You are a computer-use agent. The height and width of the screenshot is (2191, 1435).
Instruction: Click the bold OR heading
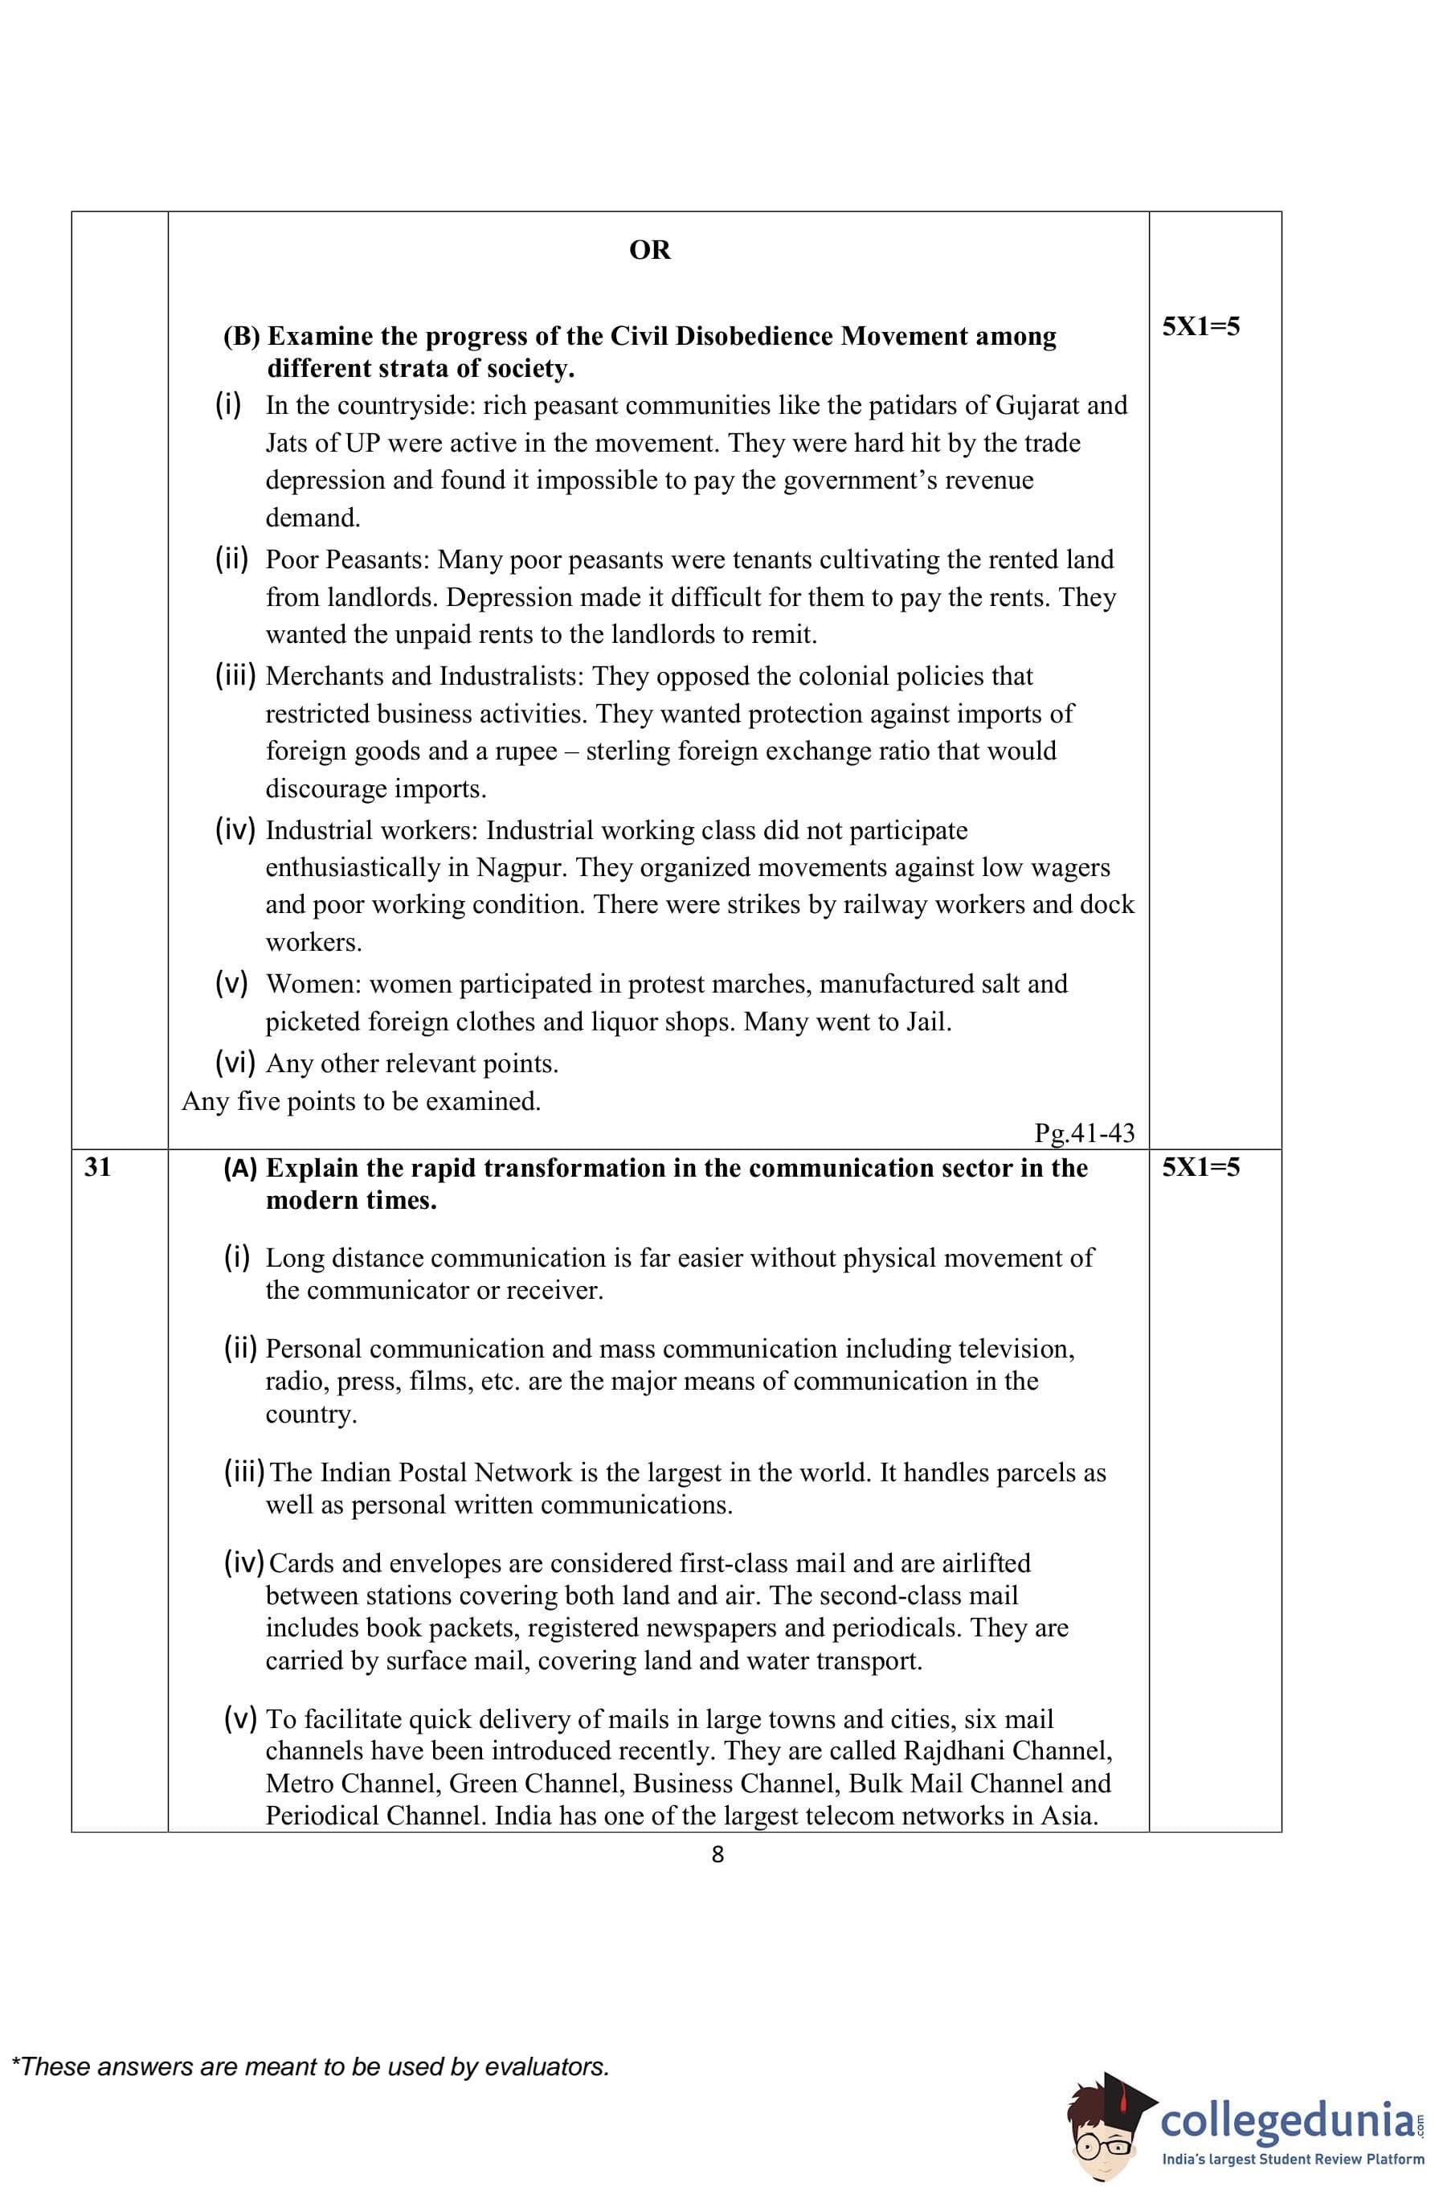pos(649,251)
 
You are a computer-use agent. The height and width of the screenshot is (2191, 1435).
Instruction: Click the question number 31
pos(97,1167)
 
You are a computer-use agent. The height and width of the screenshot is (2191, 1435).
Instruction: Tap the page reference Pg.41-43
pos(1085,1133)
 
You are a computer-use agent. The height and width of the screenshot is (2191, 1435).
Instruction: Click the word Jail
pos(928,1022)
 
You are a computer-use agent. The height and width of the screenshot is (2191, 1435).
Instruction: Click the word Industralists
pos(511,677)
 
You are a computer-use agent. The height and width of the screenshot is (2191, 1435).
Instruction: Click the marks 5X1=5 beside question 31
pos(1200,1167)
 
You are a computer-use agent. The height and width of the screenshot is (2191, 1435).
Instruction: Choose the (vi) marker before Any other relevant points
pos(235,1063)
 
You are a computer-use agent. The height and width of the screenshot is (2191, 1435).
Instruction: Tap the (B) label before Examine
pos(242,337)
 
